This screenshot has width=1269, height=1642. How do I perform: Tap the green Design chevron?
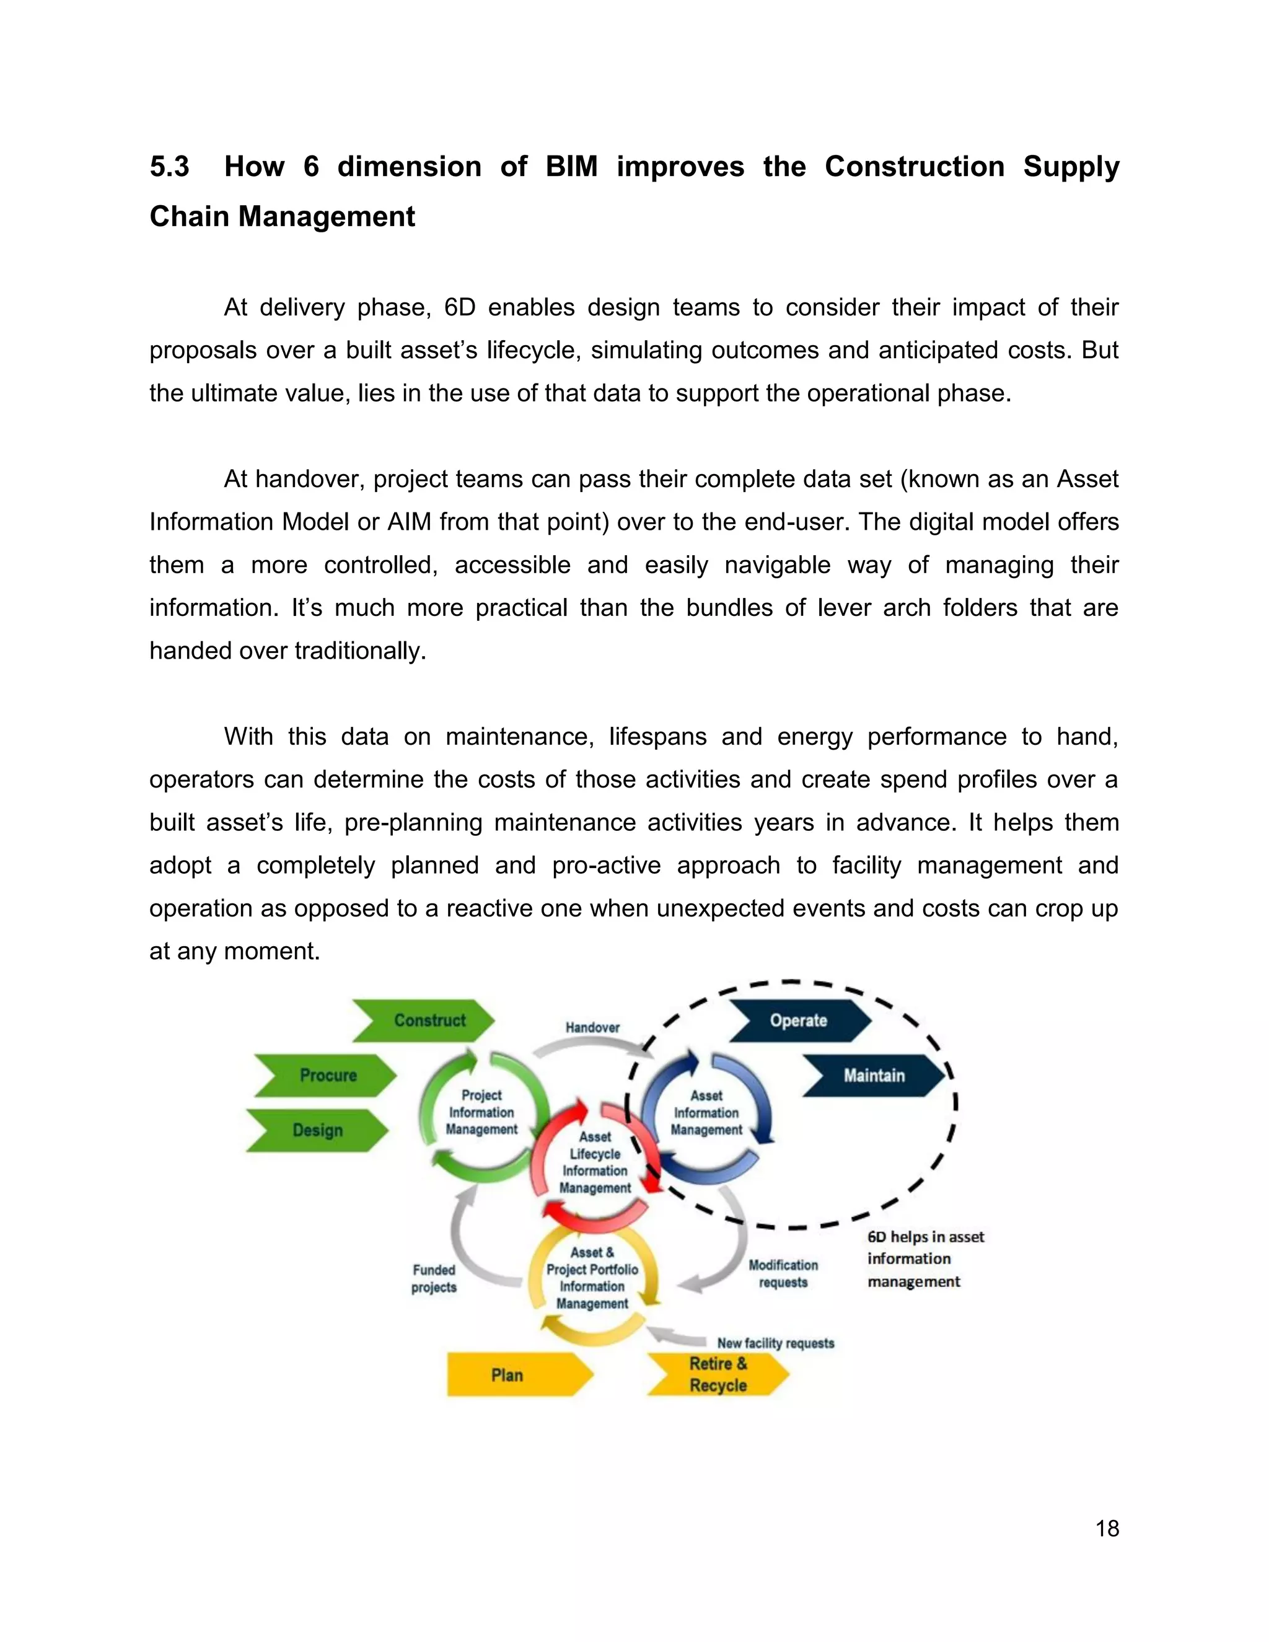click(318, 1130)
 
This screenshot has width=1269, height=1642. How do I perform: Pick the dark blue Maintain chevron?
click(874, 1075)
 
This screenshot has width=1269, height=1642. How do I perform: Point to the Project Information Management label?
click(481, 1112)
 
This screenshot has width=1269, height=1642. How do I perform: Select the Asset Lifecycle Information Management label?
click(595, 1162)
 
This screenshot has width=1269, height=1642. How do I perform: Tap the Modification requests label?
click(783, 1273)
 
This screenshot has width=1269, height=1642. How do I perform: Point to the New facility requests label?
click(775, 1343)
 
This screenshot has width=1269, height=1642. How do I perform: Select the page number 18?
click(1107, 1529)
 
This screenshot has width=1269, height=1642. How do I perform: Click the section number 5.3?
click(169, 166)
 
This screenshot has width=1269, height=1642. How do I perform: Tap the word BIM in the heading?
click(571, 166)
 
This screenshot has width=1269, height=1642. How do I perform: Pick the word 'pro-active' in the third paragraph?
click(607, 866)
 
